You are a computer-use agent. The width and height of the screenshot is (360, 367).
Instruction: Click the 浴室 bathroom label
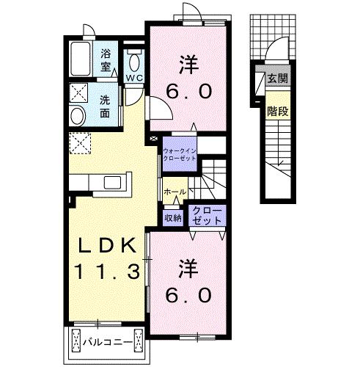coord(106,60)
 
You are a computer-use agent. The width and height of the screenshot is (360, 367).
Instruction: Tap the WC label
coord(134,78)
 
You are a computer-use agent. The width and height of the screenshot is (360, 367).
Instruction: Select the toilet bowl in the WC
coord(134,62)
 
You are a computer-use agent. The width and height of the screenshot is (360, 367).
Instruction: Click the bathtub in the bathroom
coord(81,59)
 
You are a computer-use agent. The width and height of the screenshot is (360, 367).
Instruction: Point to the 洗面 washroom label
coord(105,106)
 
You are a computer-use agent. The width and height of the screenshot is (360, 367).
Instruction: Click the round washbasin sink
coord(78,116)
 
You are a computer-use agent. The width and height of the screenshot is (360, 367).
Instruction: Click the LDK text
coord(107,246)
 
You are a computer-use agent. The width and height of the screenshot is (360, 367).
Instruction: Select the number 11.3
coord(108,271)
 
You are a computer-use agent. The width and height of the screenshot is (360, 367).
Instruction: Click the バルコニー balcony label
coord(107,342)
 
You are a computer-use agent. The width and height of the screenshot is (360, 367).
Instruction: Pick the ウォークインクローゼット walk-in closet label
coord(180,154)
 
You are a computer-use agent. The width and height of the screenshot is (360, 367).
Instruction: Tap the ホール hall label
coord(175,192)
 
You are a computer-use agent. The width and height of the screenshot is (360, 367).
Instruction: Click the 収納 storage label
coord(173,218)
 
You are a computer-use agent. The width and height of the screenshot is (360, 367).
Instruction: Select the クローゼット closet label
coord(207,215)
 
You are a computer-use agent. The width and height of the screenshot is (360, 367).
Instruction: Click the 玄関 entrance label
coord(278,79)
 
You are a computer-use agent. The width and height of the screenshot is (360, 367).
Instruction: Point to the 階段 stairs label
coord(278,112)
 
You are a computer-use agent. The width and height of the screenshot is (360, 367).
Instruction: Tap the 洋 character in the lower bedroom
coord(188,269)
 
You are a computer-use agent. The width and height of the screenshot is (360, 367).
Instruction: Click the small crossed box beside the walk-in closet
coord(153,139)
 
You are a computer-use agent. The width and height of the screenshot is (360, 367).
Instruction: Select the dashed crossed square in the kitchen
coord(80,143)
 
